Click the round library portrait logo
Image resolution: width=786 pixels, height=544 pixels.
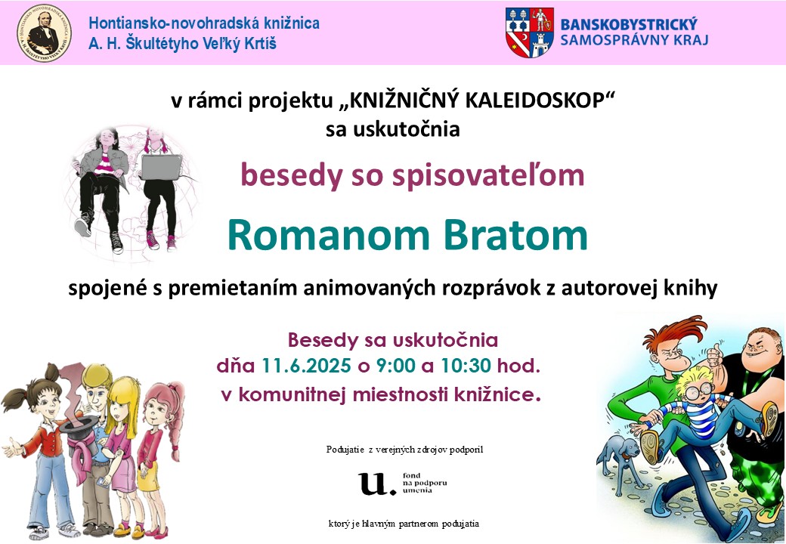[x=44, y=33]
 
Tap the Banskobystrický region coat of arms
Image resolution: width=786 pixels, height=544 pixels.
[x=529, y=32]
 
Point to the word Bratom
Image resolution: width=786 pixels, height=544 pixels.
[x=515, y=236]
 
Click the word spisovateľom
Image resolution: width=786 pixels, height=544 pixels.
[x=488, y=176]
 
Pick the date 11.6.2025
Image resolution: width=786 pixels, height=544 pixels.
[x=306, y=366]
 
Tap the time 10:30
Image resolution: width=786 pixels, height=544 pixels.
[x=466, y=366]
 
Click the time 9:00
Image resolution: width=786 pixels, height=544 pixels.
[x=396, y=366]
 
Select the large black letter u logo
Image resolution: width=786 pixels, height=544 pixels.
[x=374, y=484]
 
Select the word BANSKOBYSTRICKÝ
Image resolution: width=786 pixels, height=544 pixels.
[x=629, y=24]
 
